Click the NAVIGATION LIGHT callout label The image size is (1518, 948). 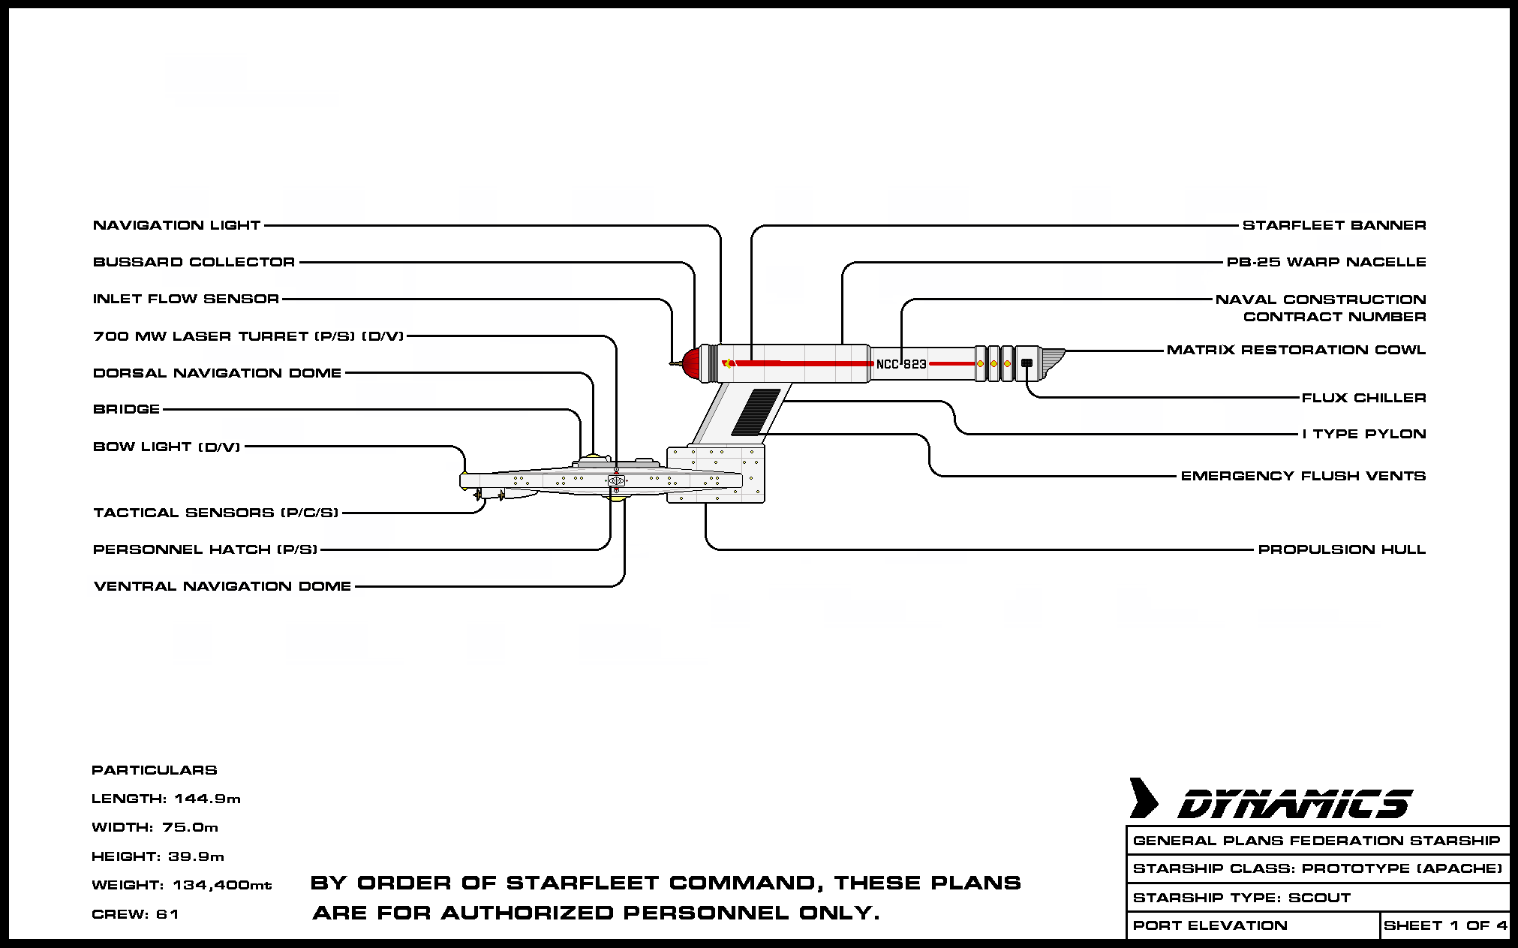(176, 225)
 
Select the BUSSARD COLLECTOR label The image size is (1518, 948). (194, 262)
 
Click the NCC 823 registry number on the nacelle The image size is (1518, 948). (901, 364)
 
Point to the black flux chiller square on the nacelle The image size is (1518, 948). (1027, 363)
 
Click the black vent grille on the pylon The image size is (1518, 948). (756, 411)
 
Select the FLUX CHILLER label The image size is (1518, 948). (1363, 398)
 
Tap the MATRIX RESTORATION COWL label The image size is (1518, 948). (1296, 350)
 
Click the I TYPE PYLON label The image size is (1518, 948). (1363, 434)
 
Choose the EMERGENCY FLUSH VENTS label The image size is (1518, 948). (1303, 476)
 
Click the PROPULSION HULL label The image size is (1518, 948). (1342, 549)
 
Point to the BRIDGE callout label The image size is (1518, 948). (126, 409)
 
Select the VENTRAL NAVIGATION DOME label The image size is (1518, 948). (222, 586)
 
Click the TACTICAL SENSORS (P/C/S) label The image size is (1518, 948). (215, 513)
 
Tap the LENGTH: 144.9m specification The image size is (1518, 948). (166, 799)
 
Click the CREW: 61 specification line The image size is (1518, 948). (135, 914)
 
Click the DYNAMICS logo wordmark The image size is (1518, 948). (1294, 804)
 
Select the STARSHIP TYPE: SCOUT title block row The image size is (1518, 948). (1241, 898)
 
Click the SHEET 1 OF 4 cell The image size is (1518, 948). (1444, 925)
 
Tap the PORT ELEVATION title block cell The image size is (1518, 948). (1210, 925)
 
